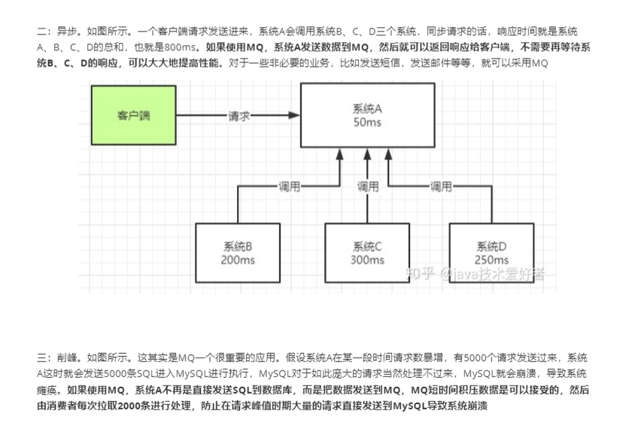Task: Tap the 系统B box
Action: [238, 252]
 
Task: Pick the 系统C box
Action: [367, 252]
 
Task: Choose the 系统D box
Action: [491, 252]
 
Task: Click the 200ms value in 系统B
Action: [238, 260]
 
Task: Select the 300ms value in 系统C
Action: [367, 260]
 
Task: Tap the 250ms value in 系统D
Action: [492, 260]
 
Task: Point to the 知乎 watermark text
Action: [419, 273]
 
